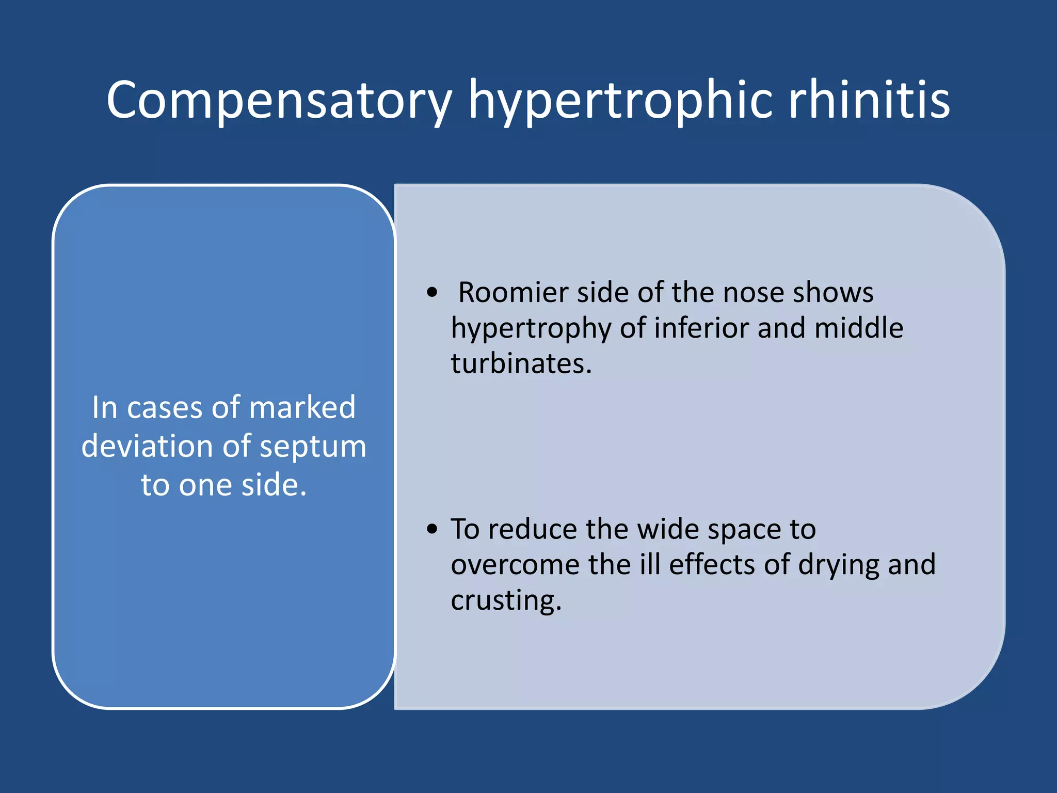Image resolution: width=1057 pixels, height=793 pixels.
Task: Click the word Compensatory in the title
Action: pyautogui.click(x=279, y=100)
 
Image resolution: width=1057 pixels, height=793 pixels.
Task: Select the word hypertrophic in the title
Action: pyautogui.click(x=620, y=100)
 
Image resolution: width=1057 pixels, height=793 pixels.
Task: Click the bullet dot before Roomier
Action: pyautogui.click(x=433, y=293)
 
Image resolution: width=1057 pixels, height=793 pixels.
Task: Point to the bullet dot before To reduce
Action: pyautogui.click(x=433, y=529)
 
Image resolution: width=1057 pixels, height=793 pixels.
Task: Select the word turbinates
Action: pyautogui.click(x=521, y=363)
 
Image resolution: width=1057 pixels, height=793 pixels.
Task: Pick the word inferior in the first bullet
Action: pyautogui.click(x=701, y=328)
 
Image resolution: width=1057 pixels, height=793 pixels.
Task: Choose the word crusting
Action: pyautogui.click(x=506, y=600)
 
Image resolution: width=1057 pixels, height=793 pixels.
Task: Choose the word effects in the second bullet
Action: pyautogui.click(x=712, y=564)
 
